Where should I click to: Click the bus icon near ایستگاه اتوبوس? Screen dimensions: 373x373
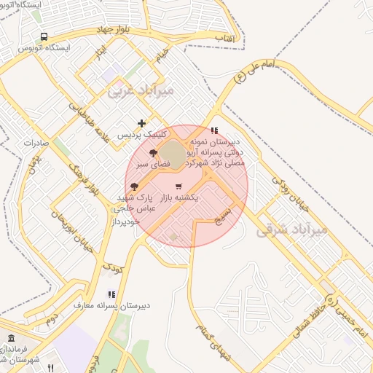click(45, 36)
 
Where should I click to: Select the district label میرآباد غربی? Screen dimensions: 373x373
click(131, 91)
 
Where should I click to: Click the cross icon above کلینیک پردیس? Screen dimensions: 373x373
click(141, 123)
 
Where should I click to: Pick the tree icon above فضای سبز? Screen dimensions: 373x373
click(152, 153)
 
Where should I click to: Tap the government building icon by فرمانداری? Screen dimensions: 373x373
click(11, 338)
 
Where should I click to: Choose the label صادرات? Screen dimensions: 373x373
click(35, 144)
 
